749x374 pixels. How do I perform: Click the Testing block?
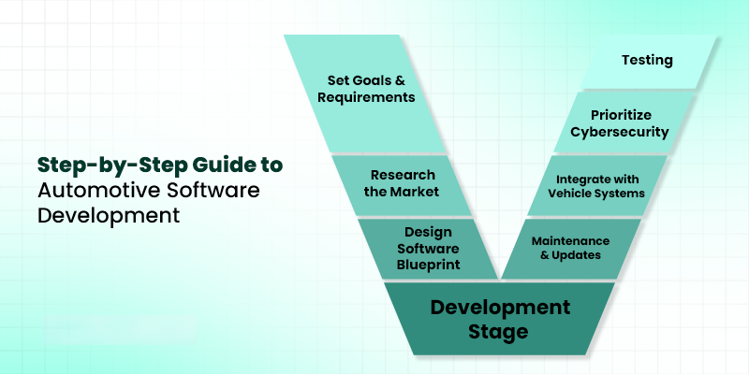pos(648,62)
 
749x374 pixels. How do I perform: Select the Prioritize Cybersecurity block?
pos(623,122)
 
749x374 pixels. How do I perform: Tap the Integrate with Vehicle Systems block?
pos(597,185)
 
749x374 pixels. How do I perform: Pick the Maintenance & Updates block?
pos(571,249)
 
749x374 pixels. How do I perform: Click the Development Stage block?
pos(499,318)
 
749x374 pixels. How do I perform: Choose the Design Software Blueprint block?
pos(428,249)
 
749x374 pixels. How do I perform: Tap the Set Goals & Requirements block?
pos(365,93)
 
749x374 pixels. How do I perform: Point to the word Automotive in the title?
pos(99,190)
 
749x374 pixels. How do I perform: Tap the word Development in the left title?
pos(109,215)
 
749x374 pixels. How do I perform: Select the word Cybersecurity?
pos(620,132)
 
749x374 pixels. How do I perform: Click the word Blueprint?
pos(429,265)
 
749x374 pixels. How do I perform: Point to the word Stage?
pos(498,331)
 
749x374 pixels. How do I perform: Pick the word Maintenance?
pos(570,240)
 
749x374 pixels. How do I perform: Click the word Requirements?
pos(366,97)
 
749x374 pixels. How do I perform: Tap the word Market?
pos(414,193)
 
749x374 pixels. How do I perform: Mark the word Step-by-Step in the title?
pos(112,165)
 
